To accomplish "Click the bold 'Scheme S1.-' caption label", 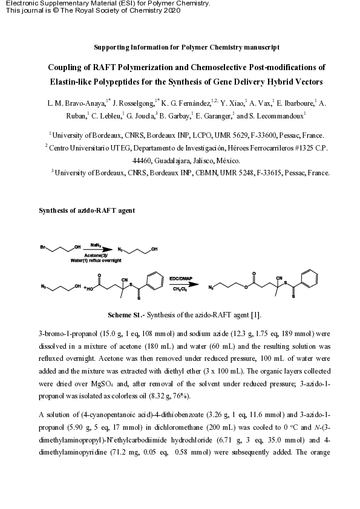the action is click(126, 316).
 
